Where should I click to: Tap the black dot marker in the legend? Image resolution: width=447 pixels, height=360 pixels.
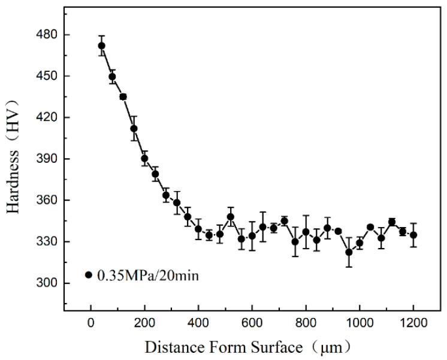[89, 275]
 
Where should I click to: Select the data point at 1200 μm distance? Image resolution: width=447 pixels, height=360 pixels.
[413, 235]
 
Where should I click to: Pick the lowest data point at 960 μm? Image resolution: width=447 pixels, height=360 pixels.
[349, 252]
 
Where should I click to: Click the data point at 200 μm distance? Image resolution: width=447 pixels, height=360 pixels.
[144, 159]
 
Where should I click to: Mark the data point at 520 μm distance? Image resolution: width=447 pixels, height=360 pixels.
[231, 217]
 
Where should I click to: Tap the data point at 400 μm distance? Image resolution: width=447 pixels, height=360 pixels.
[198, 229]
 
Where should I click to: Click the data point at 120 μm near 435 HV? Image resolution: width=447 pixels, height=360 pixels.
[123, 96]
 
